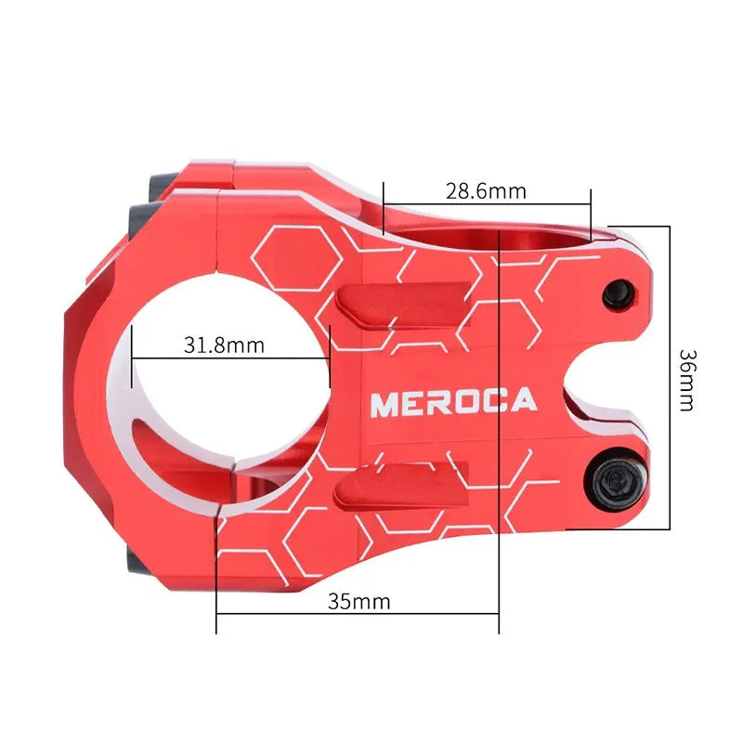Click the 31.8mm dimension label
pyautogui.click(x=224, y=345)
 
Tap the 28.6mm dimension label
pyautogui.click(x=486, y=192)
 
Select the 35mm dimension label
pyautogui.click(x=358, y=601)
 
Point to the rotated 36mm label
pyautogui.click(x=686, y=379)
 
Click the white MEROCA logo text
pyautogui.click(x=453, y=402)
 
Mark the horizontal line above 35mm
pyautogui.click(x=358, y=614)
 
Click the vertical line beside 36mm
pyautogui.click(x=670, y=376)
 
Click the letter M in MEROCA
pyautogui.click(x=384, y=403)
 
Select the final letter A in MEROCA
pyautogui.click(x=524, y=401)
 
